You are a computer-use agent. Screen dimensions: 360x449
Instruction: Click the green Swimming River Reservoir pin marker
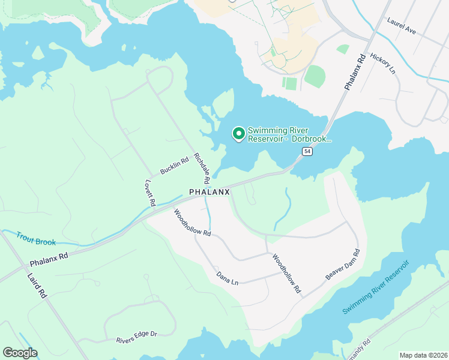(x=238, y=134)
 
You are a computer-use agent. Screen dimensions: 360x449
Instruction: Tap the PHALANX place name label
(x=209, y=192)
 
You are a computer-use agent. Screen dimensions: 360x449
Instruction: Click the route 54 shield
(x=307, y=152)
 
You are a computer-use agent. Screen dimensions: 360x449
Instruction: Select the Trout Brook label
(x=36, y=238)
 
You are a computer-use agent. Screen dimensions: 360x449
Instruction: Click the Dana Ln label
(x=228, y=278)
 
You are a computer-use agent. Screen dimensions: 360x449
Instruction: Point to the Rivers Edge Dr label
(x=136, y=337)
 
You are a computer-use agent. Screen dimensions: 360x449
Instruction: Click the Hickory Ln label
(x=383, y=64)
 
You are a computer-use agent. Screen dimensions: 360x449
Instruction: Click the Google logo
(x=20, y=353)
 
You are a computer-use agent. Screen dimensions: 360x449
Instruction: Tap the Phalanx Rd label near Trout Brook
(x=49, y=259)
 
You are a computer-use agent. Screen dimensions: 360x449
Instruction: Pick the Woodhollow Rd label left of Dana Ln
(x=192, y=223)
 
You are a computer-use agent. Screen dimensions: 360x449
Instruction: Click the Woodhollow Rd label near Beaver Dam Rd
(x=286, y=274)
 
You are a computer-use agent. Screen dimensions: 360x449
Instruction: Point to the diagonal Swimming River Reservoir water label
(x=375, y=287)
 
